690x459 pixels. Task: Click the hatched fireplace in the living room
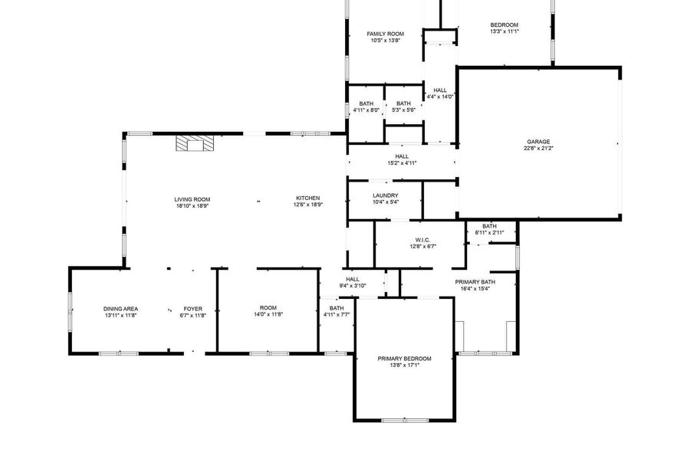pos(195,143)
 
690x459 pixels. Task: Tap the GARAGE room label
pos(538,142)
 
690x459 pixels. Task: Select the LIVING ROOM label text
pos(192,199)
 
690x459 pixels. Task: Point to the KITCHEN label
pos(308,198)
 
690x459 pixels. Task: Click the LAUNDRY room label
pos(386,195)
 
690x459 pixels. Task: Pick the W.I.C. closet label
pos(422,240)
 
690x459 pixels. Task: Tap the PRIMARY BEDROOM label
pos(404,359)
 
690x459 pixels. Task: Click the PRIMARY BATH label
pos(475,282)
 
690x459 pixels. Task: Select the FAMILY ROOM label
pos(386,34)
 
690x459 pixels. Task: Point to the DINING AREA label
pos(120,309)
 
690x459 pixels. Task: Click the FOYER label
pos(192,309)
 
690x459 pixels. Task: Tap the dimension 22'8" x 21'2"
pos(538,148)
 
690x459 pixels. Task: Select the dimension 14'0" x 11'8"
pos(268,314)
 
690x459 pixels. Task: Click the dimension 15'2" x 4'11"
pos(402,162)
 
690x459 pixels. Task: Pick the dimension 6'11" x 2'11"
pos(489,233)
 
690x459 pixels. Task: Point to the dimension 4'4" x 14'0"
pos(440,97)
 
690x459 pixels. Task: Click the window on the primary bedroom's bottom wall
pos(405,421)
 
